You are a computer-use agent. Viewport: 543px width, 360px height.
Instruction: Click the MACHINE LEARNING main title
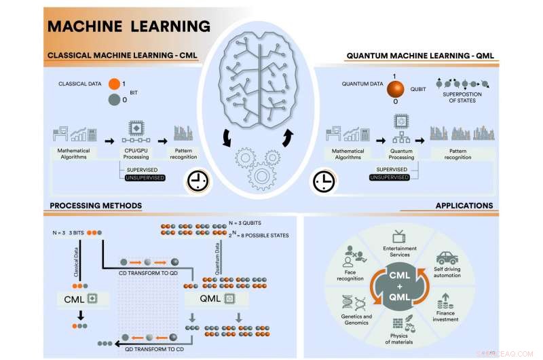point(128,26)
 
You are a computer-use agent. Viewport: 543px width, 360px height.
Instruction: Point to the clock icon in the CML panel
point(197,181)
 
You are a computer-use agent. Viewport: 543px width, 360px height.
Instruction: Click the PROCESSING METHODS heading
point(96,205)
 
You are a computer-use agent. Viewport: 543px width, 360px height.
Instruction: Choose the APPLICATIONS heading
point(464,205)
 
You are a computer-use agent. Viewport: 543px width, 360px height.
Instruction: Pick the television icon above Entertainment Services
point(399,236)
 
